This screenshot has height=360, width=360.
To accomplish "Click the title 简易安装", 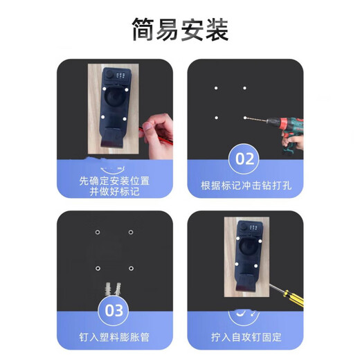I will (180, 30).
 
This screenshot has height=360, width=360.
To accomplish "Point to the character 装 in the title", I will (217, 30).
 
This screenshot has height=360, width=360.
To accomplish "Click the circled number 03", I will (114, 309).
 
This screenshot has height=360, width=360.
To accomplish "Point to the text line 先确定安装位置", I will (114, 181).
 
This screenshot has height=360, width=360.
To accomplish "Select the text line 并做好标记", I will (114, 191).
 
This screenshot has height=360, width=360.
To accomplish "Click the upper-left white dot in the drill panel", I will (216, 88).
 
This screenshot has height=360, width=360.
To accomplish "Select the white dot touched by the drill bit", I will (244, 118).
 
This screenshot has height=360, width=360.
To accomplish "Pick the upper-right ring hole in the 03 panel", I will (130, 233).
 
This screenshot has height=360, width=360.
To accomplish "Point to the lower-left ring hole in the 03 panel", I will (98, 267).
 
